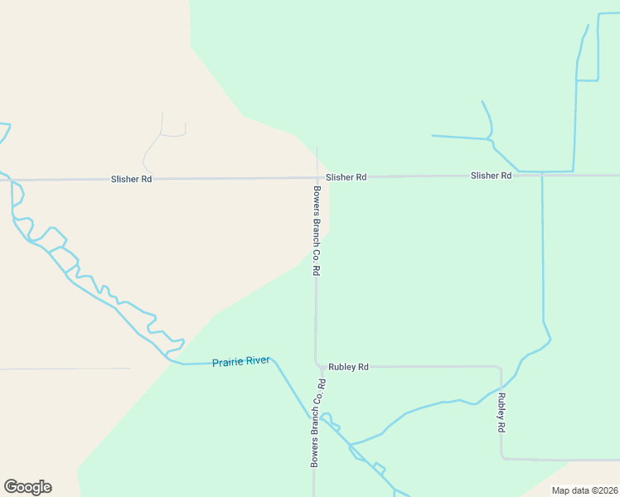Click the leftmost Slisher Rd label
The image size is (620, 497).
[132, 179]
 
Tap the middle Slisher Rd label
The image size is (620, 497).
[346, 177]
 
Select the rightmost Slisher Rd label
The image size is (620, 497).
[491, 176]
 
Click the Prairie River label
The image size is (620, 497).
[240, 362]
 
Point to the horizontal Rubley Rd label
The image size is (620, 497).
[348, 366]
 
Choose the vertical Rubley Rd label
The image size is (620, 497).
[501, 413]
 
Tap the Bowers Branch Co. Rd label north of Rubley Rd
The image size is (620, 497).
[316, 229]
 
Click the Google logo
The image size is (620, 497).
[27, 487]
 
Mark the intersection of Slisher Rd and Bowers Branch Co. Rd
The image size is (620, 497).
[316, 177]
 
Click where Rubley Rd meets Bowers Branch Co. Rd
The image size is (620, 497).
[317, 365]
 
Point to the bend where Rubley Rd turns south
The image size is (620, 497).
[500, 367]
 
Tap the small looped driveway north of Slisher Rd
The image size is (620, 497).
[172, 133]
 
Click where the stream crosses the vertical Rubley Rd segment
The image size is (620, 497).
[501, 389]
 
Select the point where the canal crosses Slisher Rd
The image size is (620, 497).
[542, 175]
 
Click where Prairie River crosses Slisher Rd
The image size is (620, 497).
[11, 179]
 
